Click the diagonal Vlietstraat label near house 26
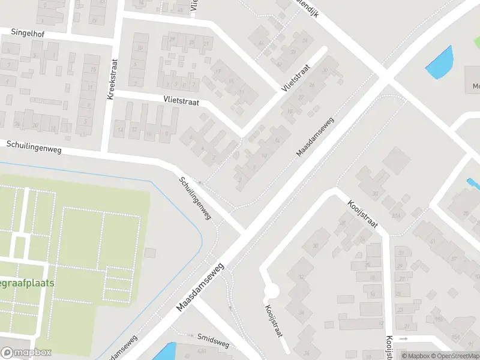[295, 78]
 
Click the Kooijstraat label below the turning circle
[273, 320]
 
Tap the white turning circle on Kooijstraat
[272, 291]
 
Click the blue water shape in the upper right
[439, 62]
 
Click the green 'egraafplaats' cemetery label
[27, 282]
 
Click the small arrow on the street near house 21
[403, 338]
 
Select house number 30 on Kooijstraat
[315, 246]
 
